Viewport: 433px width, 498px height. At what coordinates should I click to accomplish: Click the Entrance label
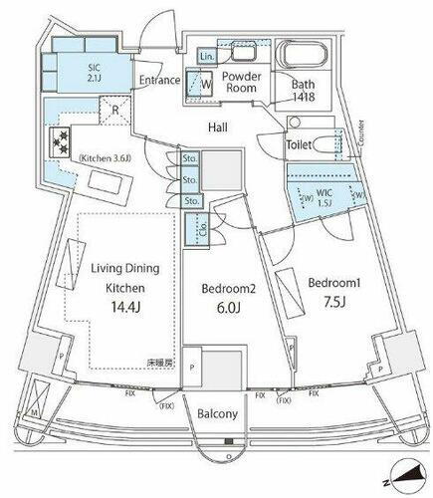point(158,81)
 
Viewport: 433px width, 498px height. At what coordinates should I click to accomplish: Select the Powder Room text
point(242,81)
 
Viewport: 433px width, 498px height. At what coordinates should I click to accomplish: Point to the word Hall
point(220,127)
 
